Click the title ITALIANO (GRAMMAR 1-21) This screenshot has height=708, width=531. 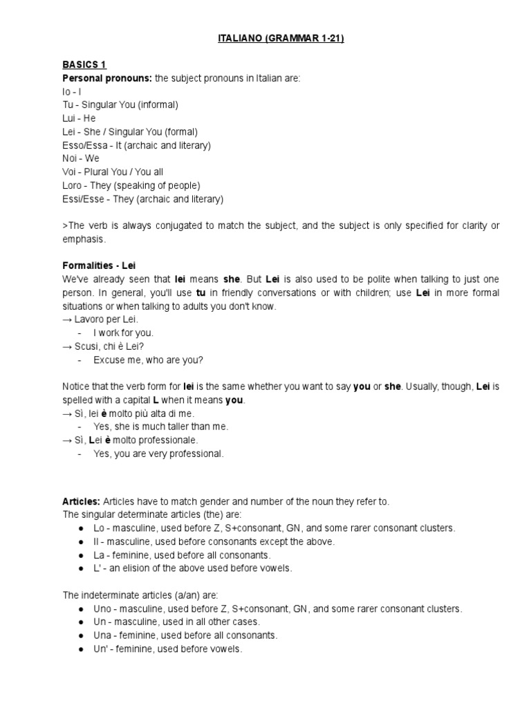click(276, 39)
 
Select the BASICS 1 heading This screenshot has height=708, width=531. click(84, 65)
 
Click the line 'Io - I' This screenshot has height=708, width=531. click(72, 91)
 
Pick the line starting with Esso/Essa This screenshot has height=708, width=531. click(136, 145)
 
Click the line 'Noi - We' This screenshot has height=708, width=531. click(81, 158)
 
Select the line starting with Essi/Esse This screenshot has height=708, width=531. click(142, 199)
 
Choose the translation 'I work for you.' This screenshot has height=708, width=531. click(124, 333)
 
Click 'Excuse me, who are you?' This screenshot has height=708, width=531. click(148, 360)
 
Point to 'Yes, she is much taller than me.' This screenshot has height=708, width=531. click(160, 427)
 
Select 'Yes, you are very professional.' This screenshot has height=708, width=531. click(158, 454)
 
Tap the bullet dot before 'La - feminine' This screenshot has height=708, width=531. click(82, 555)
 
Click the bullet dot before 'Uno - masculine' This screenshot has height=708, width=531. click(82, 609)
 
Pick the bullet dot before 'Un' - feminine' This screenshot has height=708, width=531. click(82, 649)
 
